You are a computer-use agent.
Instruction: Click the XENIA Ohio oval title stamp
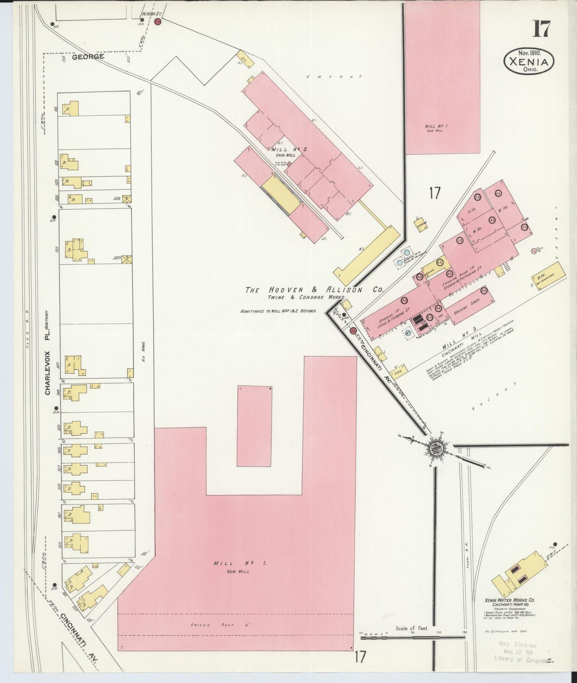pos(529,61)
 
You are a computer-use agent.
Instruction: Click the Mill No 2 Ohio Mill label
pos(284,152)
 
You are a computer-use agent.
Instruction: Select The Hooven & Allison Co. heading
pos(314,290)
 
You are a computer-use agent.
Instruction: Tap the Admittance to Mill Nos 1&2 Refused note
pos(278,311)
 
